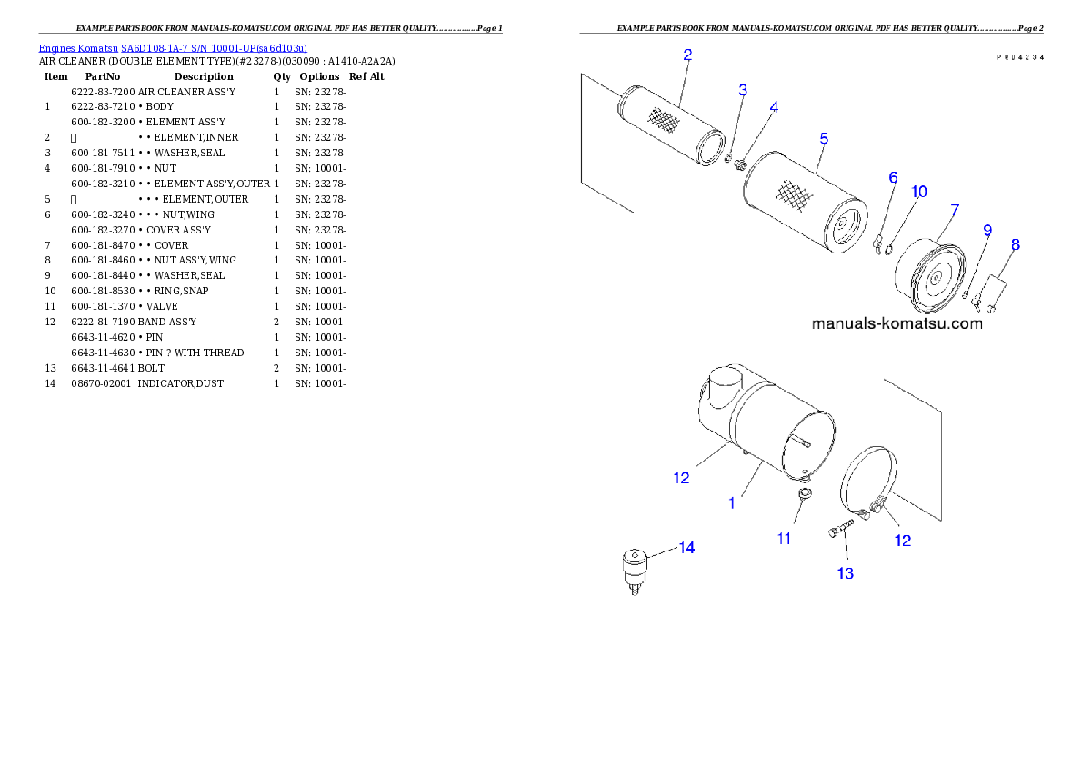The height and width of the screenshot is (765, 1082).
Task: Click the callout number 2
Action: coord(687,55)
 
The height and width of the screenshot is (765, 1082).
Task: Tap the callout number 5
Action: coord(824,139)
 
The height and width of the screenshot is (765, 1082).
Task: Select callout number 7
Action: coord(955,210)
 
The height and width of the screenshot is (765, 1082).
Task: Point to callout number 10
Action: coord(919,192)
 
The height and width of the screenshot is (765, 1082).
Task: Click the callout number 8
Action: coord(1015,244)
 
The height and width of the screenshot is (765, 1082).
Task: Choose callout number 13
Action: coord(846,573)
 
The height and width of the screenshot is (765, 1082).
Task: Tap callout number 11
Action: coord(784,539)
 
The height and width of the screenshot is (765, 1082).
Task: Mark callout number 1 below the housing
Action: coord(732,502)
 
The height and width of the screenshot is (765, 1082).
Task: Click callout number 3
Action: coord(743,90)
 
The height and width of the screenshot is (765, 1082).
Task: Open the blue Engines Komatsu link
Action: coord(173,47)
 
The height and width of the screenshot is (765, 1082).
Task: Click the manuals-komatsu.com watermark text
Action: coord(897,323)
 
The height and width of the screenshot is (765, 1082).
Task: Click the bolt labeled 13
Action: coord(841,530)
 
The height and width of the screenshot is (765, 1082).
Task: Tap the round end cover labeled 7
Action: coord(927,277)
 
